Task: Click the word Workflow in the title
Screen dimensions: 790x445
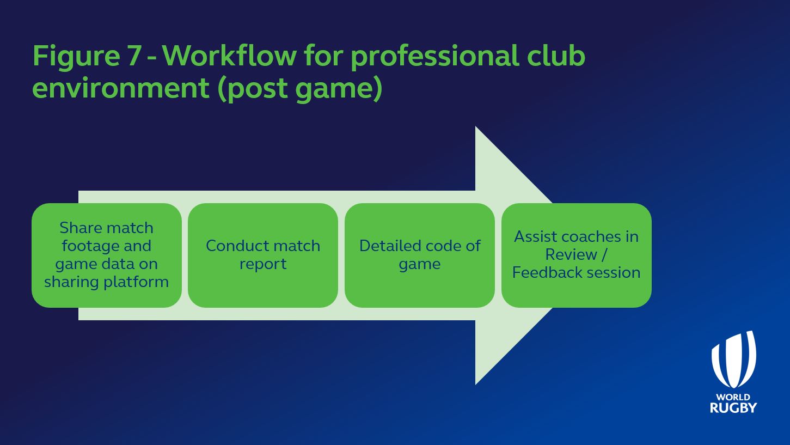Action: click(x=230, y=56)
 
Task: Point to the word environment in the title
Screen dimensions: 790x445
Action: click(x=121, y=88)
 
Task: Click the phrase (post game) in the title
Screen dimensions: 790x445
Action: click(x=300, y=89)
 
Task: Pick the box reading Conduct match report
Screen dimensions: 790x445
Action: click(x=263, y=255)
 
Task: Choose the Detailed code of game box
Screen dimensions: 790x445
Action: click(x=420, y=255)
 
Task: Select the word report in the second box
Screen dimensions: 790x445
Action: click(x=263, y=264)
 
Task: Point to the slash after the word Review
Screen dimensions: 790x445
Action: click(x=604, y=255)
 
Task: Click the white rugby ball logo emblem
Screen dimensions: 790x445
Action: click(x=733, y=359)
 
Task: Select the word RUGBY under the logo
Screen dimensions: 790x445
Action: click(x=733, y=407)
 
